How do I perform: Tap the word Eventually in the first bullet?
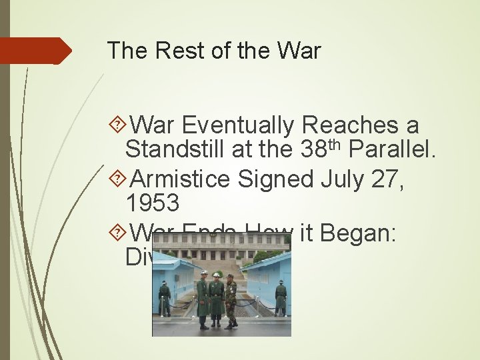click(237, 125)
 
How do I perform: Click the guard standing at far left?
click(165, 297)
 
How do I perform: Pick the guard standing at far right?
click(281, 297)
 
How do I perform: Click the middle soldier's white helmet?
click(216, 275)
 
